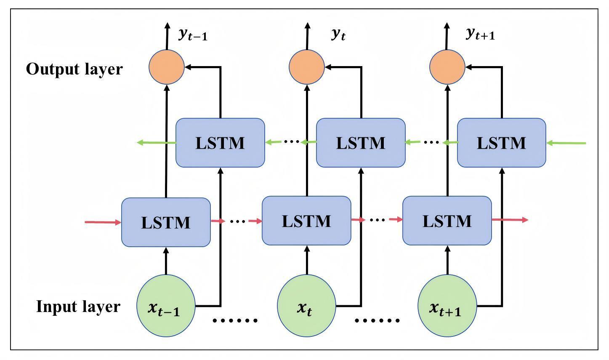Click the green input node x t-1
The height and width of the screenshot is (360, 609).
click(x=166, y=306)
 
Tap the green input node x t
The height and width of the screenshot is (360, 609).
click(x=306, y=306)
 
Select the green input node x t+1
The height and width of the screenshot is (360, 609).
click(x=447, y=306)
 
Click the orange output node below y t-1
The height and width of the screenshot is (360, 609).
click(x=167, y=67)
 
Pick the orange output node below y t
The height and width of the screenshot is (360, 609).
click(x=306, y=67)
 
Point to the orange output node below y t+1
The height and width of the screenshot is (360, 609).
click(x=447, y=67)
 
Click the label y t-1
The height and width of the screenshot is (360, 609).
click(x=193, y=35)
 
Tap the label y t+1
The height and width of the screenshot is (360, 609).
click(x=480, y=35)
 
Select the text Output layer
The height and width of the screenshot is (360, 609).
click(x=74, y=69)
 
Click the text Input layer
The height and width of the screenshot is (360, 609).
click(x=78, y=307)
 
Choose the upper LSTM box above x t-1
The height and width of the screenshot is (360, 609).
click(x=220, y=143)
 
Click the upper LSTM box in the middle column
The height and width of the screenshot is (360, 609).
click(x=361, y=143)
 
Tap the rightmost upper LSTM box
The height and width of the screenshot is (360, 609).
click(x=501, y=143)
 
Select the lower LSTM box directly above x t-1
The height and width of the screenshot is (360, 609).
click(x=166, y=222)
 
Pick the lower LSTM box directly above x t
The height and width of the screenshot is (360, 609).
click(x=306, y=221)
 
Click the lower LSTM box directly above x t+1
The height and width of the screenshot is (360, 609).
click(x=447, y=221)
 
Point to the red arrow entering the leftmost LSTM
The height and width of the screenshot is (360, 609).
click(x=103, y=222)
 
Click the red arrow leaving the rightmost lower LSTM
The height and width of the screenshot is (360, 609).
click(x=510, y=220)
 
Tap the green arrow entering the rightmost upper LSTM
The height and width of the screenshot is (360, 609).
click(x=566, y=143)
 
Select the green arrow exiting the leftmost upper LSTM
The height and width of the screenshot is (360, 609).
click(x=157, y=143)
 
